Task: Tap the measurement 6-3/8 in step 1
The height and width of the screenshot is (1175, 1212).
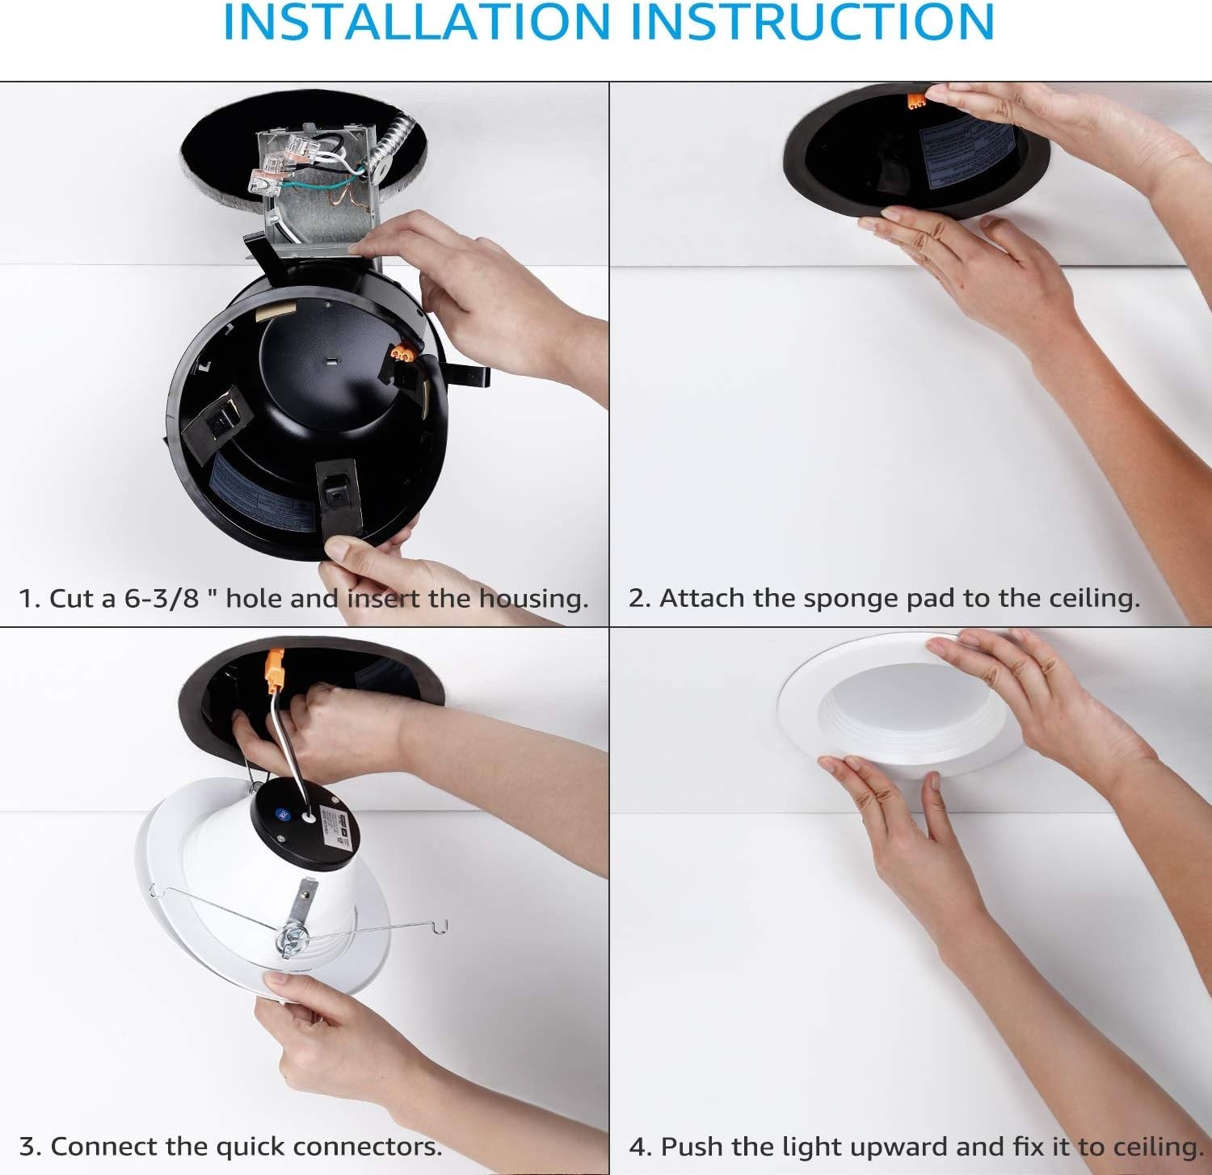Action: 161,599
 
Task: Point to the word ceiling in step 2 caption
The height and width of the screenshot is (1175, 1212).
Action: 1093,599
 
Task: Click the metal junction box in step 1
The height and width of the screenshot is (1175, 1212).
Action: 319,186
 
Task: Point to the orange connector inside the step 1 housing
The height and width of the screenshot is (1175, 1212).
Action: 403,353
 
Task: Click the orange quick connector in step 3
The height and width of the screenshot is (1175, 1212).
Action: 275,671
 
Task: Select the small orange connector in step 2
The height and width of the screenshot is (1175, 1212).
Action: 915,100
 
